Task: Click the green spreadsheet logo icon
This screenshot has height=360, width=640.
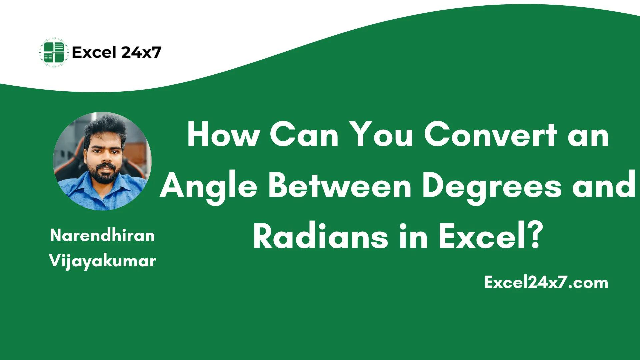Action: [x=53, y=53]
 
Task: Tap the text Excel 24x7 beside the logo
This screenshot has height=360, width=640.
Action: [x=117, y=52]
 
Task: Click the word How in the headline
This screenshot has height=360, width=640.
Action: [x=223, y=135]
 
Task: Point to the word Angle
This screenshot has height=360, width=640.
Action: [x=210, y=187]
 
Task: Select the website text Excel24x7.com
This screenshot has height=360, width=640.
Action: [x=546, y=283]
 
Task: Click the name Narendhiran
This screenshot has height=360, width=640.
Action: [x=102, y=235]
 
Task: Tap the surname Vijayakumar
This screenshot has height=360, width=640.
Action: [x=102, y=261]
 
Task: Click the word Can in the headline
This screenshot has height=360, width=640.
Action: [x=304, y=135]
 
